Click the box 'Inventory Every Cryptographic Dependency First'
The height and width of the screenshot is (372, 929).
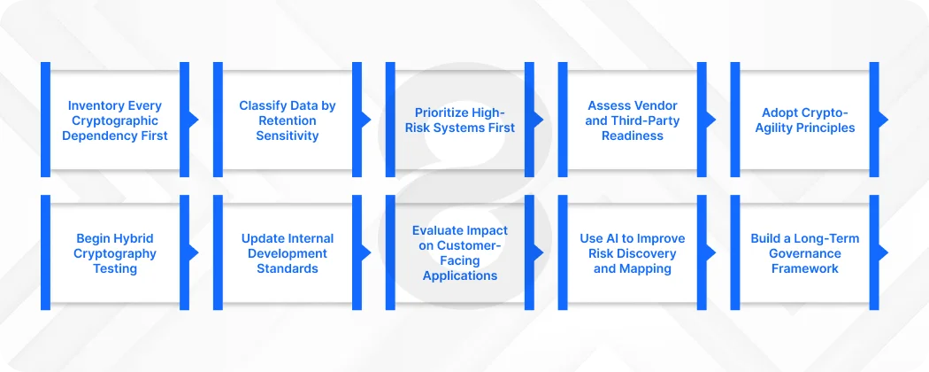pos(115,120)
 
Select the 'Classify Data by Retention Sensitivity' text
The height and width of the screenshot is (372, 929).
pos(288,120)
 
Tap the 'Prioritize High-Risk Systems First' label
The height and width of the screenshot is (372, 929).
pos(460,120)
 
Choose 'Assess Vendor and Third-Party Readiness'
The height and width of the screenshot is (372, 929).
pos(632,120)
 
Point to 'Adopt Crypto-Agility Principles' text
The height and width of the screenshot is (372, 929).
pos(804,120)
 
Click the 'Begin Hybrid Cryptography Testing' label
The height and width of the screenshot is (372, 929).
pos(115,253)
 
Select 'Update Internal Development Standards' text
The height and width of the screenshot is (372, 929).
pos(288,253)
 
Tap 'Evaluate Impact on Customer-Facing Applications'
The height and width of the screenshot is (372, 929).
pos(460,252)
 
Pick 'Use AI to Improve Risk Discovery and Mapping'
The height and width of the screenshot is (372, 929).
pos(632,253)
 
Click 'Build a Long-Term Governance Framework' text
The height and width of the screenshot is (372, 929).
pos(804,253)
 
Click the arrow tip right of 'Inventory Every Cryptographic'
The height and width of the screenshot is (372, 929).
pos(194,120)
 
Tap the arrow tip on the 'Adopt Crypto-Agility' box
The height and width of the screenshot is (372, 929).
pos(883,120)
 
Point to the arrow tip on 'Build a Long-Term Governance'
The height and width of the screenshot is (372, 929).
pos(883,252)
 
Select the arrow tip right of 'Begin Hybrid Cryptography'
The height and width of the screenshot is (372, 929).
pos(194,252)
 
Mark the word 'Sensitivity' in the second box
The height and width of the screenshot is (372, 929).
pos(288,136)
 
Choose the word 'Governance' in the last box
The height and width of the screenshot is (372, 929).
pos(804,253)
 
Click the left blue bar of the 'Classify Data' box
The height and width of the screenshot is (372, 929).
pos(218,120)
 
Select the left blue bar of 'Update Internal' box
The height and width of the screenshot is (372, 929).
pos(218,252)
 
